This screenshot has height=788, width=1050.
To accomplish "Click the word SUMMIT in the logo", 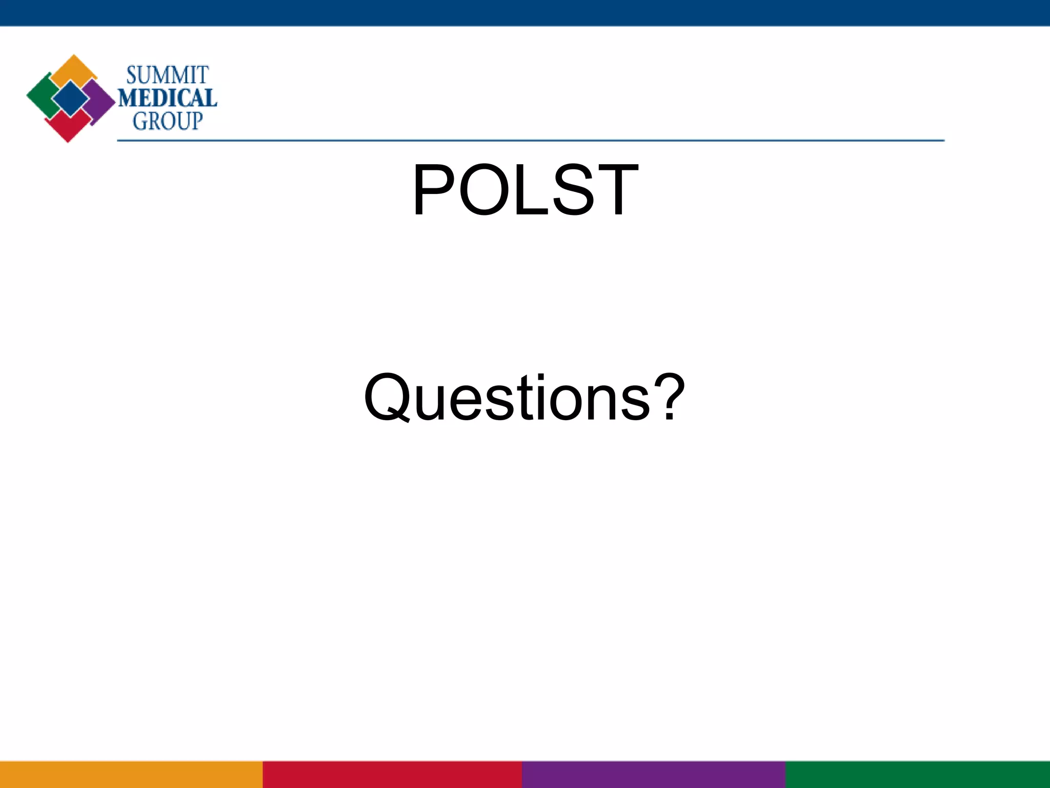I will pos(167,75).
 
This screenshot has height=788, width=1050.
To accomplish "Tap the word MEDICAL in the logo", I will pos(168,98).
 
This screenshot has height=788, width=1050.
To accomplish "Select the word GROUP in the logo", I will pos(168,121).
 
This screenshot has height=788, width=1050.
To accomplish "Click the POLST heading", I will pos(525,190).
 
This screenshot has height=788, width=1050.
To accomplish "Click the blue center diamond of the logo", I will pos(70,98).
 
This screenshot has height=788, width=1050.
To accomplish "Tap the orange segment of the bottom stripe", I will pos(131,775).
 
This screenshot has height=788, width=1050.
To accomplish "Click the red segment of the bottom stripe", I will pos(392,775).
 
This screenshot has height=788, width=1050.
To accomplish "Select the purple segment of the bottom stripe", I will pos(654,775).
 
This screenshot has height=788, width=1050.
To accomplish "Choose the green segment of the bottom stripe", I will pos(918,775).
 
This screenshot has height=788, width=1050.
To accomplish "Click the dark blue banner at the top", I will pos(525,12).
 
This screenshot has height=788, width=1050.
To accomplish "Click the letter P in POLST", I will pos(434,190).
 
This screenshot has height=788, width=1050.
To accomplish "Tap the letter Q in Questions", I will pos(387,398).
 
